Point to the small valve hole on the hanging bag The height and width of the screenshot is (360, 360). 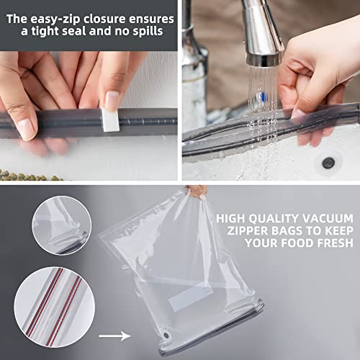tap(171, 333)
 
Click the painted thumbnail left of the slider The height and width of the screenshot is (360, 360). tap(24, 129)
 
